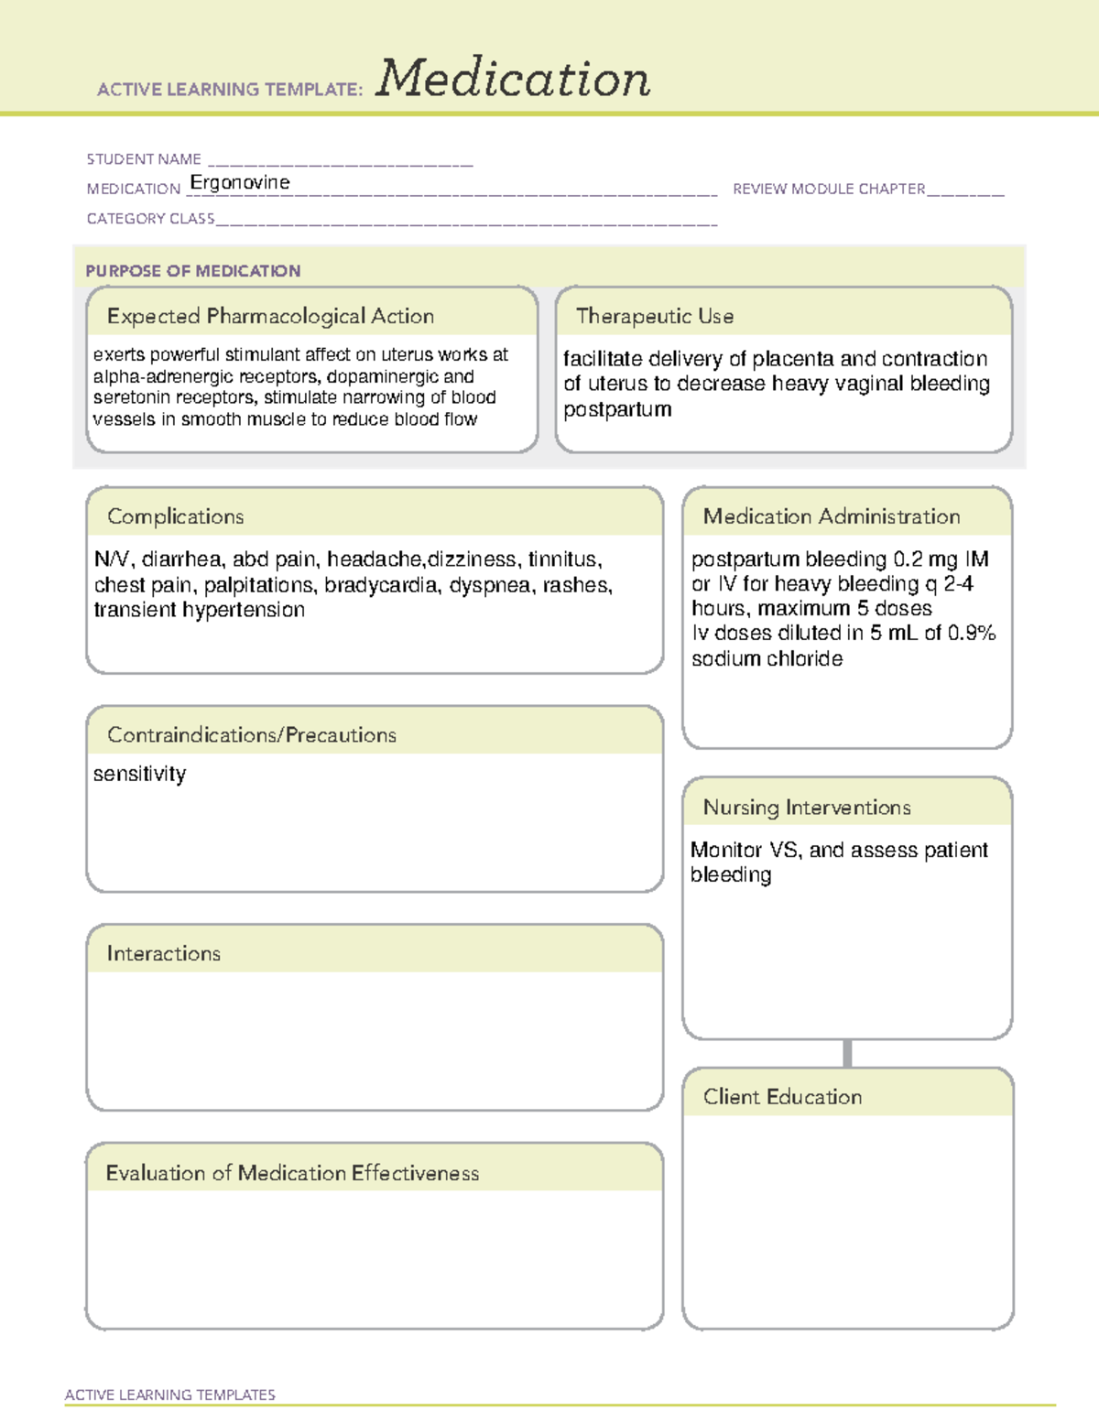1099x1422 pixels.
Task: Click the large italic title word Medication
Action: pyautogui.click(x=513, y=79)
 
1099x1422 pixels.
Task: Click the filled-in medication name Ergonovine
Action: pyautogui.click(x=240, y=182)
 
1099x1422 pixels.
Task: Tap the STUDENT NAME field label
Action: pyautogui.click(x=144, y=159)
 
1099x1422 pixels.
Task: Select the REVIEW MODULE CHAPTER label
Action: pyautogui.click(x=829, y=189)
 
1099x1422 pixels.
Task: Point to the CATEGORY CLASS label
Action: pyautogui.click(x=150, y=219)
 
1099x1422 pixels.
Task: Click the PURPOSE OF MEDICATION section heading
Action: pyautogui.click(x=192, y=271)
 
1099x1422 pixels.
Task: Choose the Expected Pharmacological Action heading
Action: pyautogui.click(x=270, y=316)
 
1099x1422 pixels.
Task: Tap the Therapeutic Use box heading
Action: pyautogui.click(x=655, y=316)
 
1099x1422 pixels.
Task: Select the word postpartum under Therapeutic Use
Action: pyautogui.click(x=617, y=409)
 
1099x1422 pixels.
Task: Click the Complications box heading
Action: pyautogui.click(x=175, y=516)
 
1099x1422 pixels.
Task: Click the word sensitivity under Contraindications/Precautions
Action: pyautogui.click(x=139, y=774)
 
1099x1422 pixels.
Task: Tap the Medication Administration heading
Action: pyautogui.click(x=831, y=516)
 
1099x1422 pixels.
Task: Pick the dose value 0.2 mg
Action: pyautogui.click(x=925, y=559)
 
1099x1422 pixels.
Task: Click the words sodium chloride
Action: pyautogui.click(x=767, y=658)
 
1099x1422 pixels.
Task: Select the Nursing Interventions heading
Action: pyautogui.click(x=806, y=808)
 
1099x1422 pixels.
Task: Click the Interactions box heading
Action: pyautogui.click(x=163, y=953)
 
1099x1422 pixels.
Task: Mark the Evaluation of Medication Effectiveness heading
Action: pyautogui.click(x=292, y=1173)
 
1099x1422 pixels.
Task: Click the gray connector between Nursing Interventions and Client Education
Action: pyautogui.click(x=847, y=1053)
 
